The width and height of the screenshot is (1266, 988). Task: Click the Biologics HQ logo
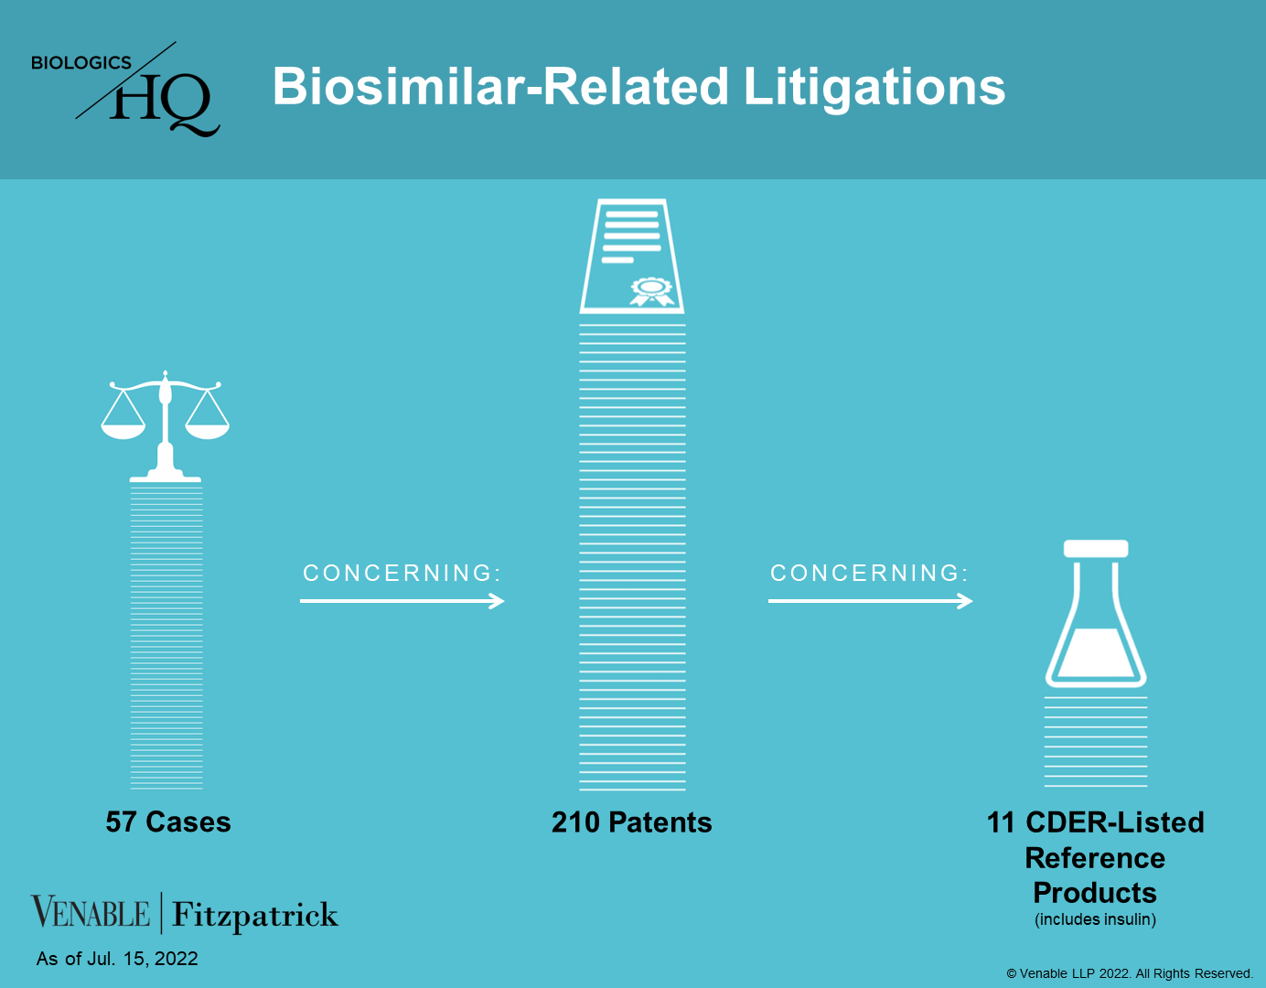point(125,89)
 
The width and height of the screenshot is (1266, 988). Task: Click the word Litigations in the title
point(874,88)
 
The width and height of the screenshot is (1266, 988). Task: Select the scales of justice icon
point(166,425)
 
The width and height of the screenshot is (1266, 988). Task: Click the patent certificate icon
point(632,256)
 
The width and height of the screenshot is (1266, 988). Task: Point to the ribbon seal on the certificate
point(652,292)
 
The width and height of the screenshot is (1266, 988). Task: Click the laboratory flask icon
point(1096,614)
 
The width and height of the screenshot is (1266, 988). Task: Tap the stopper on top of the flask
point(1096,548)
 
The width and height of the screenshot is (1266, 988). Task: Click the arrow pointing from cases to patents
point(402,601)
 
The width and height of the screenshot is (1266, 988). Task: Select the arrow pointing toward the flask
point(871,601)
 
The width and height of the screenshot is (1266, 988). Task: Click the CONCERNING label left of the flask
point(869,573)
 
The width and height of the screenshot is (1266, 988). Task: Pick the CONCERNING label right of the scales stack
point(402,573)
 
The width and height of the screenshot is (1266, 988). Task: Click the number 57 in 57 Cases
point(121,822)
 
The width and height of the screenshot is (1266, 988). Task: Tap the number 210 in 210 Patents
point(575,822)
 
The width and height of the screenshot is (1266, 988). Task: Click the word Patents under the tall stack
point(660,822)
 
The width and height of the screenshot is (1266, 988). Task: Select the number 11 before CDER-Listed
point(1002,822)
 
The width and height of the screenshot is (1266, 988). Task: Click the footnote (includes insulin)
point(1095,919)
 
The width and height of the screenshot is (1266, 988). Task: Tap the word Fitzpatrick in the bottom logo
point(254,915)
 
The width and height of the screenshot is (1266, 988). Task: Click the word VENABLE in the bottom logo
point(91,912)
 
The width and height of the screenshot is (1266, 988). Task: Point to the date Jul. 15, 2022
point(142,959)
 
